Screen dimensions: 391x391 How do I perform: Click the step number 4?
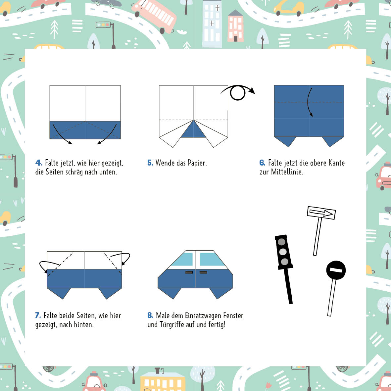pyautogui.click(x=39, y=163)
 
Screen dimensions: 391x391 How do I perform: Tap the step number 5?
pyautogui.click(x=150, y=163)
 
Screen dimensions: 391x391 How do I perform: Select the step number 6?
pyautogui.click(x=262, y=163)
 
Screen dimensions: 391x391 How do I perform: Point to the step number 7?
pyautogui.click(x=38, y=316)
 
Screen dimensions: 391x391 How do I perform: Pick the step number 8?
pyautogui.click(x=150, y=316)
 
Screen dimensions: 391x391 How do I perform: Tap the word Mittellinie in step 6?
pyautogui.click(x=287, y=172)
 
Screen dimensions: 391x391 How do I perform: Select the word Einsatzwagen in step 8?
pyautogui.click(x=203, y=316)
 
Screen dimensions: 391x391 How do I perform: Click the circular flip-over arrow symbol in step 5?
pyautogui.click(x=238, y=93)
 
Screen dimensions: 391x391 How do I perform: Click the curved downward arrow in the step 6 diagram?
pyautogui.click(x=309, y=102)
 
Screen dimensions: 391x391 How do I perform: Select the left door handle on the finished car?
pyautogui.click(x=189, y=272)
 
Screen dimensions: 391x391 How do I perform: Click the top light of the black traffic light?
pyautogui.click(x=281, y=242)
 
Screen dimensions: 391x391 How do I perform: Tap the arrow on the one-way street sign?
pyautogui.click(x=321, y=213)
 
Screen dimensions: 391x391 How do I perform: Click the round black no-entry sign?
pyautogui.click(x=336, y=270)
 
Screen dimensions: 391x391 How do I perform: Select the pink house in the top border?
pyautogui.click(x=235, y=26)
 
